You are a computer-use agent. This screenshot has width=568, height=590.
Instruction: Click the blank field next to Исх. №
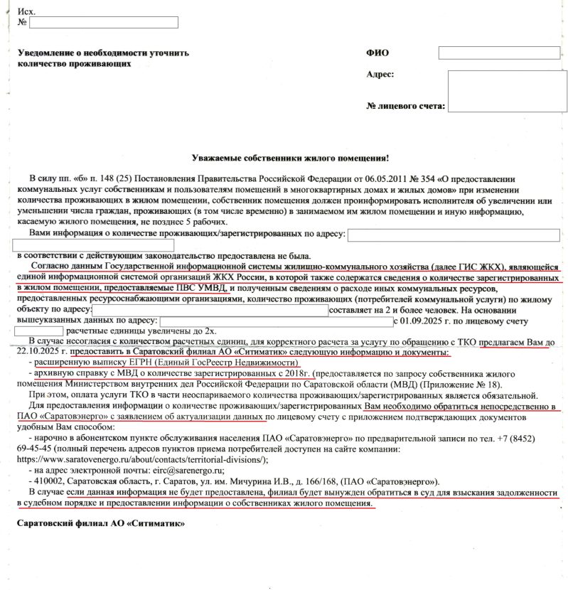(104, 22)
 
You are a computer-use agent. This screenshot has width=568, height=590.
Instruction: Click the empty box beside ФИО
(480, 52)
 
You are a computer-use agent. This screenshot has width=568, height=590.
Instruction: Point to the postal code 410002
(47, 481)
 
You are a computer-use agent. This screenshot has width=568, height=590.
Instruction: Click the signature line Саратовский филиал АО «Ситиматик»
(94, 525)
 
